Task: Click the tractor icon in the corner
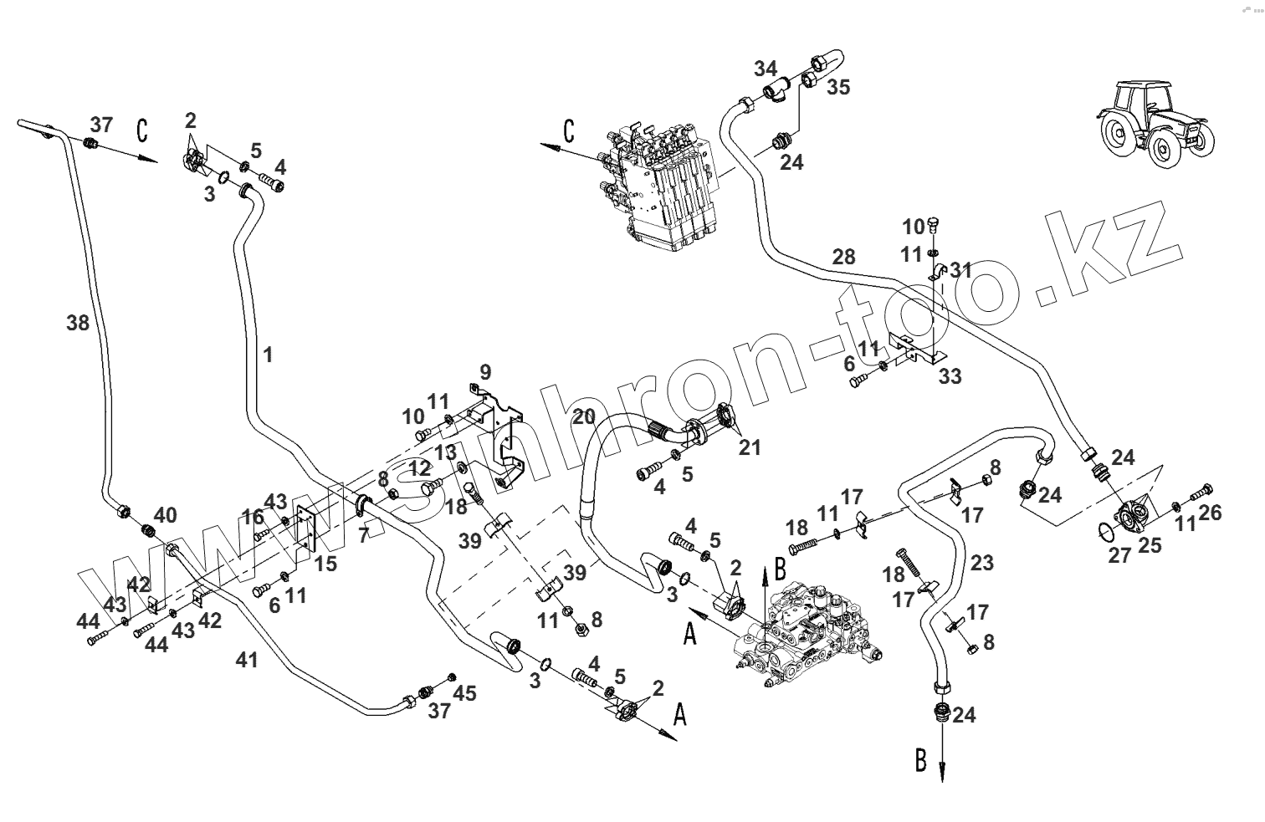(x=1155, y=125)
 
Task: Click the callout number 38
(x=78, y=323)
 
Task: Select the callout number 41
(x=247, y=660)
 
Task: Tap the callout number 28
(x=843, y=257)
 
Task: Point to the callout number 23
(x=982, y=562)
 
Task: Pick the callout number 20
(x=584, y=416)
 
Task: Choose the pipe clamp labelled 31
(x=937, y=272)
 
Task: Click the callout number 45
(x=465, y=692)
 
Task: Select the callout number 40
(x=165, y=515)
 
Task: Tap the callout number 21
(x=750, y=447)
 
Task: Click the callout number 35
(x=838, y=87)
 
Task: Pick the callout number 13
(x=445, y=452)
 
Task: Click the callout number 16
(x=253, y=516)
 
